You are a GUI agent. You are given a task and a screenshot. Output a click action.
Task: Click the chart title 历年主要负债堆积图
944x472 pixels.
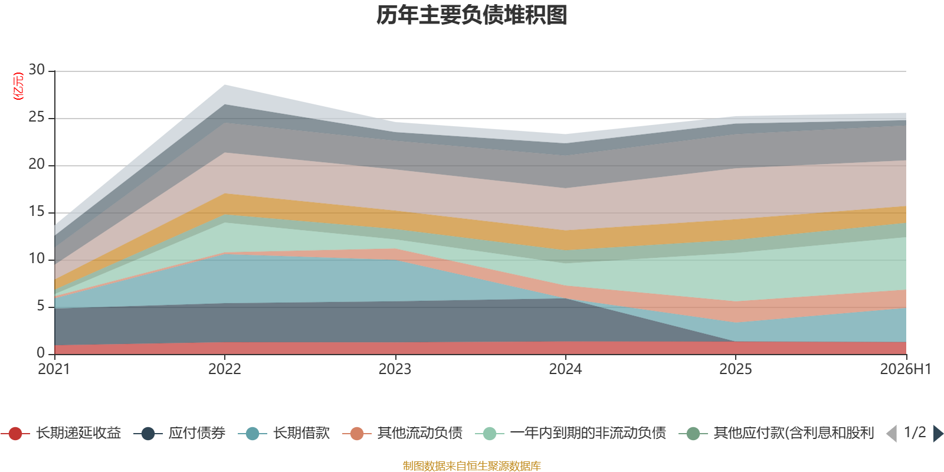[471, 15]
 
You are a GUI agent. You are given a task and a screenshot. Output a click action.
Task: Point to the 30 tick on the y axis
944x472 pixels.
[37, 70]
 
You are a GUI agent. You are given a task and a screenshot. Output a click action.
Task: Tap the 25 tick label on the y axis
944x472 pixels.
[37, 117]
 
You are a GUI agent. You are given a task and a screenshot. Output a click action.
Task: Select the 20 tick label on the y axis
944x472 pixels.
[37, 164]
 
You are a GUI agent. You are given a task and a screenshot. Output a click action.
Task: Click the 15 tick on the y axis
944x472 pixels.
[37, 211]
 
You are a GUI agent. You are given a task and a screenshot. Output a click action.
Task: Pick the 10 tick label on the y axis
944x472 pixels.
[37, 258]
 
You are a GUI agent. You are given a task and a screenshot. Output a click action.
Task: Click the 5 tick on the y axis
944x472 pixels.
[41, 306]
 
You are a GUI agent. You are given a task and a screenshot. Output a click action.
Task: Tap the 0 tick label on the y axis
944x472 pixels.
[41, 353]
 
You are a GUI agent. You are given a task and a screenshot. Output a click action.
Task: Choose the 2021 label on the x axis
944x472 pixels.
[54, 369]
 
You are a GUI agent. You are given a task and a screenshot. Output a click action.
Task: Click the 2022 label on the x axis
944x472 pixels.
[225, 369]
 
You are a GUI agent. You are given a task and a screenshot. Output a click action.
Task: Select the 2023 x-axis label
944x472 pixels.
[395, 369]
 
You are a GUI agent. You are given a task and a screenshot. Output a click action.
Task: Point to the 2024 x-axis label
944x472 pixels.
[565, 369]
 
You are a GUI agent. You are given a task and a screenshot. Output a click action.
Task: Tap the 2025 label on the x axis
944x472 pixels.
[735, 369]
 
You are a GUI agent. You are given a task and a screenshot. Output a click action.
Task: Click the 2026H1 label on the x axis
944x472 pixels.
[906, 369]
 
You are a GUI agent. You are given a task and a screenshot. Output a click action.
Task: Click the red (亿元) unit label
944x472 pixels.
[18, 86]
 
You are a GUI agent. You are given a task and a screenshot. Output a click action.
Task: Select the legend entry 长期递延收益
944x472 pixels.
[61, 433]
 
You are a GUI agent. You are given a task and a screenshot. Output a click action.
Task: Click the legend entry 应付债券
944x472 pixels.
[179, 433]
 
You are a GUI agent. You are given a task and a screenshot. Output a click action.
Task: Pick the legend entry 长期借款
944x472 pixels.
[284, 433]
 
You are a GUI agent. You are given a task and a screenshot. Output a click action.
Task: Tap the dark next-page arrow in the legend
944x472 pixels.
[938, 434]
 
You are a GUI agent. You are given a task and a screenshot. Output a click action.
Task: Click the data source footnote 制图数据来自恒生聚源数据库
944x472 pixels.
[471, 466]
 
